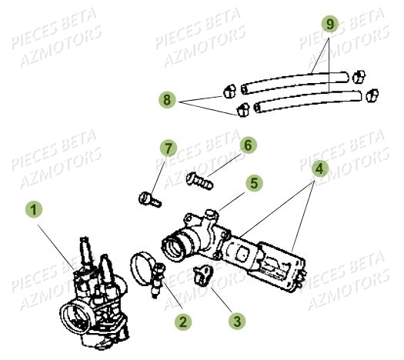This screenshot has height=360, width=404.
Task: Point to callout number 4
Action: coord(321,168)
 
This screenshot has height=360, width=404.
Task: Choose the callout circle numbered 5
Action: coord(254,183)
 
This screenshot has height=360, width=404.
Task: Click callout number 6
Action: coord(248,145)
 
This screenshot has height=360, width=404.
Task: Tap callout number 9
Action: coord(329,25)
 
